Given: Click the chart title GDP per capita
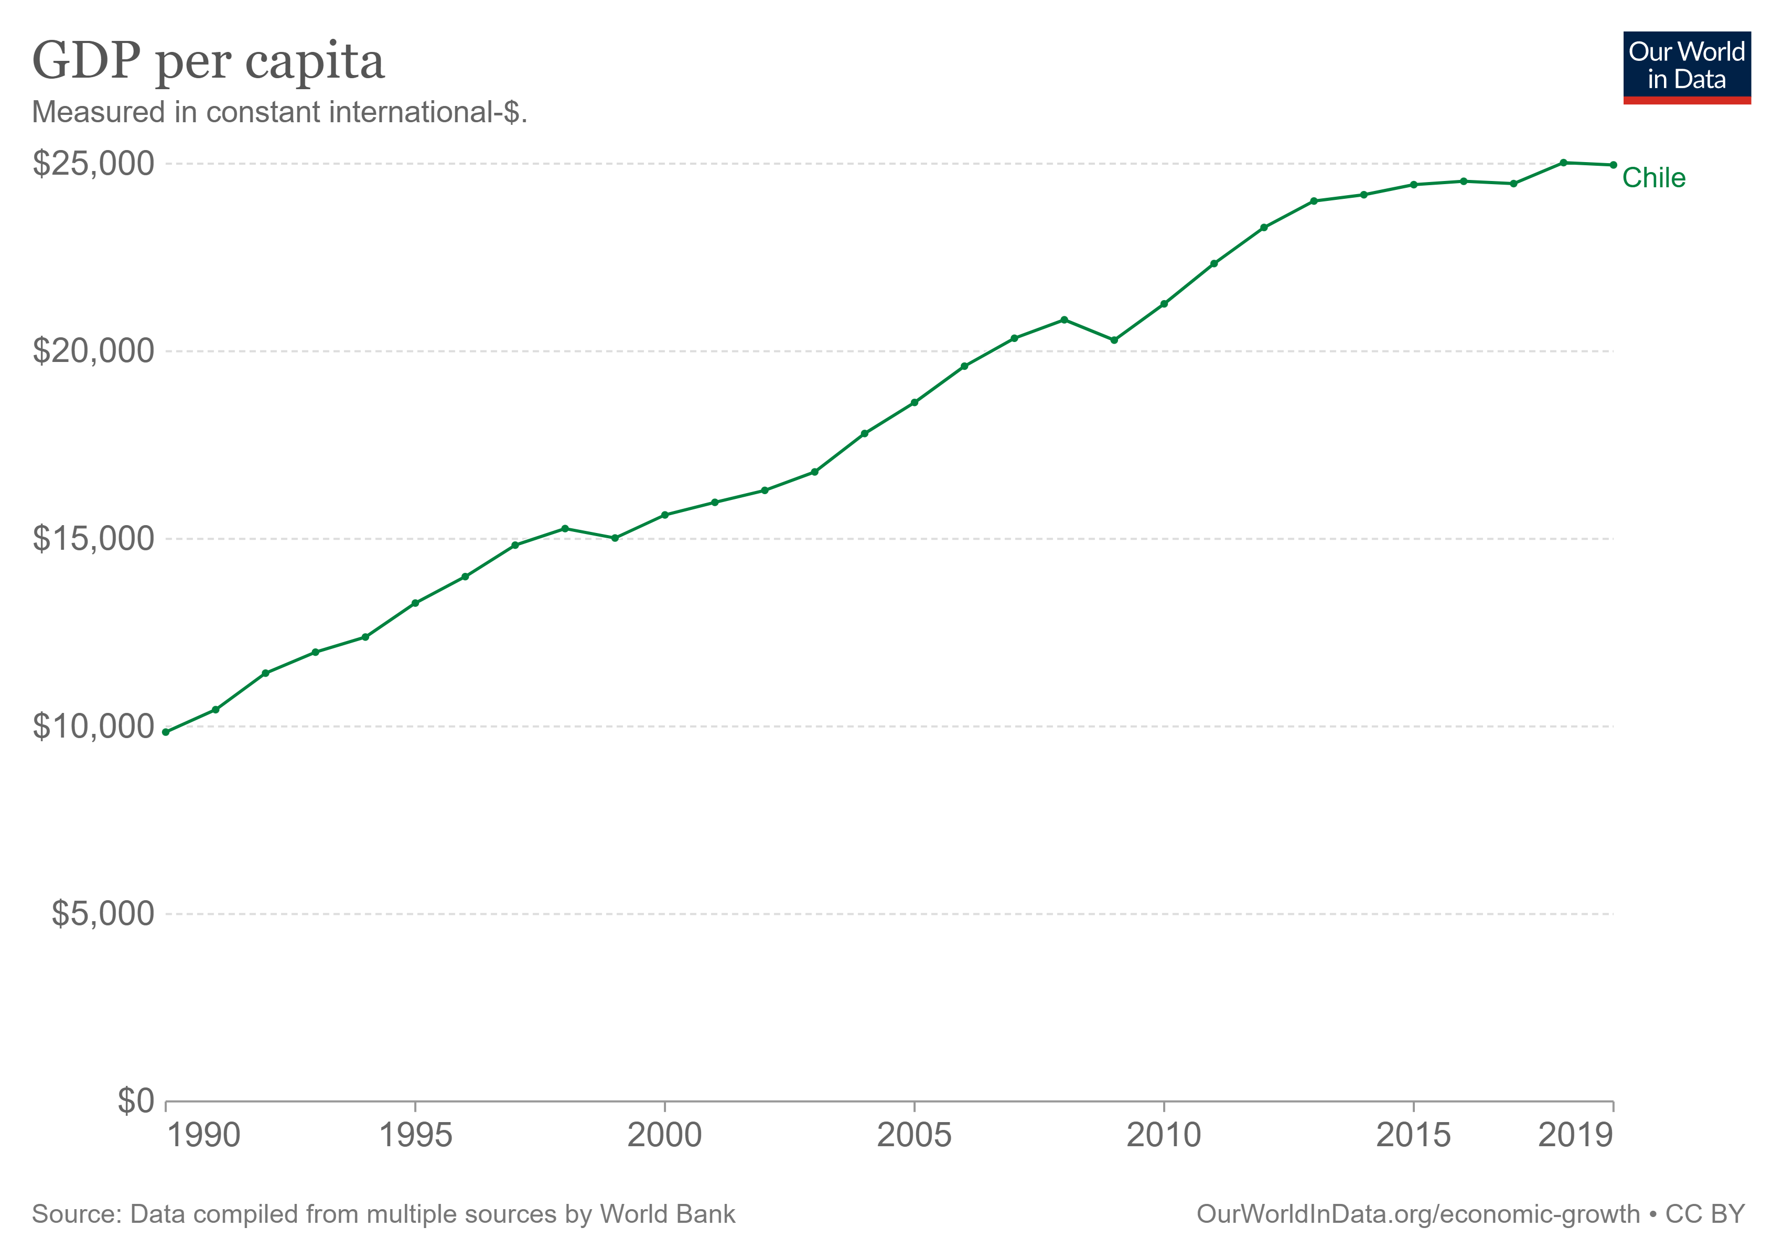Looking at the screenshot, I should (208, 62).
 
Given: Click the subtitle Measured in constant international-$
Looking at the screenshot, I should (280, 113).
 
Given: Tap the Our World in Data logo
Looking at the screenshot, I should (1687, 67).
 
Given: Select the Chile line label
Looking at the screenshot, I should (1653, 178).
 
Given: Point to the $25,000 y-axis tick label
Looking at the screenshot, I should (93, 164).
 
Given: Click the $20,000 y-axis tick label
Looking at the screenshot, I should (93, 351).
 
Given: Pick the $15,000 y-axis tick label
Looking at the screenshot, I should (93, 539).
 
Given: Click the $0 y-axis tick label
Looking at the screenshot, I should (136, 1101).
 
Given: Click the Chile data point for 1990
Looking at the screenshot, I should (165, 732).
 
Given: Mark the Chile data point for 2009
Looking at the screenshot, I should (1114, 340).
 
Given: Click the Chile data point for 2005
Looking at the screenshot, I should (915, 402).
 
